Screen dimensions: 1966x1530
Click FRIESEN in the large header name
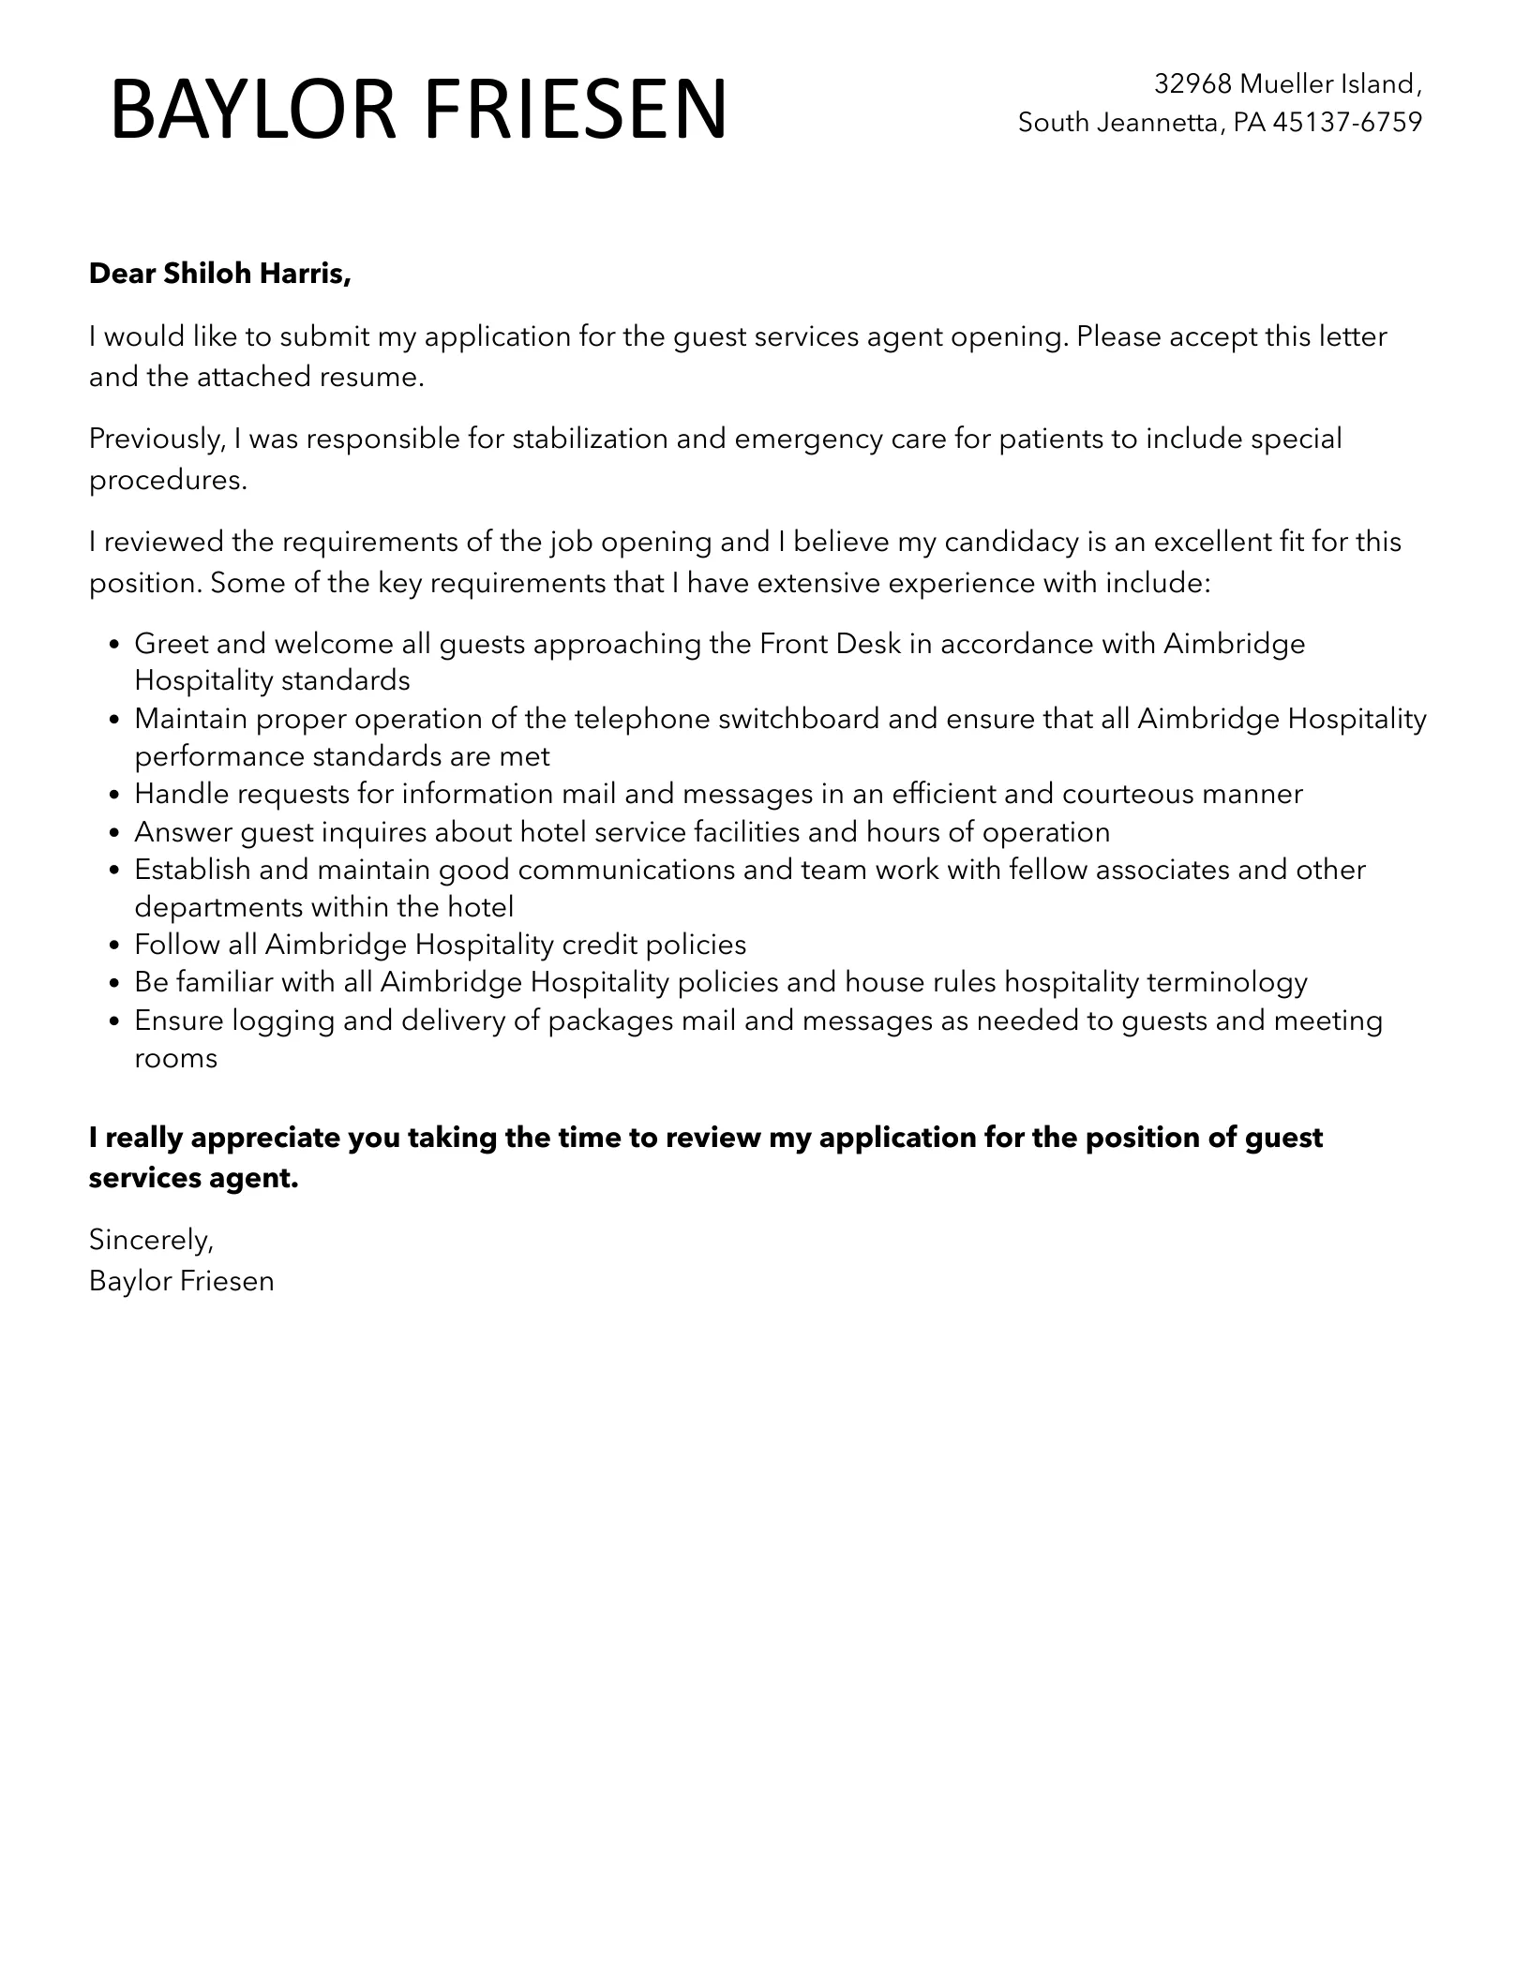click(575, 111)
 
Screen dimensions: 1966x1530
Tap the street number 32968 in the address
click(1192, 84)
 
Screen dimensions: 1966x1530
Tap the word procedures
click(167, 480)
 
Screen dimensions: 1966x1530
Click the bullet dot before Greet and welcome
click(114, 646)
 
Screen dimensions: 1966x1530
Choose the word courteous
click(1128, 795)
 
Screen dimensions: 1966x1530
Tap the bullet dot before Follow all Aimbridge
click(114, 946)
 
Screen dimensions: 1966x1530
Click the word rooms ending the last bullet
click(176, 1059)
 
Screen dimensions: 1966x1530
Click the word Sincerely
click(151, 1240)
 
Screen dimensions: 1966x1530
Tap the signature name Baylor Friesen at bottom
click(181, 1281)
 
